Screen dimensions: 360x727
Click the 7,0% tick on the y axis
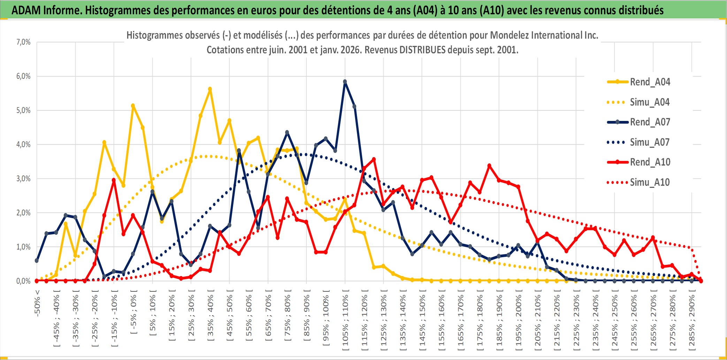coord(23,42)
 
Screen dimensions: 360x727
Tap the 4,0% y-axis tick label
coord(23,144)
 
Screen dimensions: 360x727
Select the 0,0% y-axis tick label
coord(23,281)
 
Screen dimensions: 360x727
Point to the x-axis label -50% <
coord(37,303)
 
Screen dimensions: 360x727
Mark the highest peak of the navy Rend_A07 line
coord(345,82)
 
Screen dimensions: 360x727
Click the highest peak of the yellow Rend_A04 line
coord(210,89)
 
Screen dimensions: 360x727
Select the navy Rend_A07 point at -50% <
coord(37,261)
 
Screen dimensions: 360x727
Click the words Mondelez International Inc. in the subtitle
coord(544,35)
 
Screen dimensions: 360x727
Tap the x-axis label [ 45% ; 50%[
coord(229,317)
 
